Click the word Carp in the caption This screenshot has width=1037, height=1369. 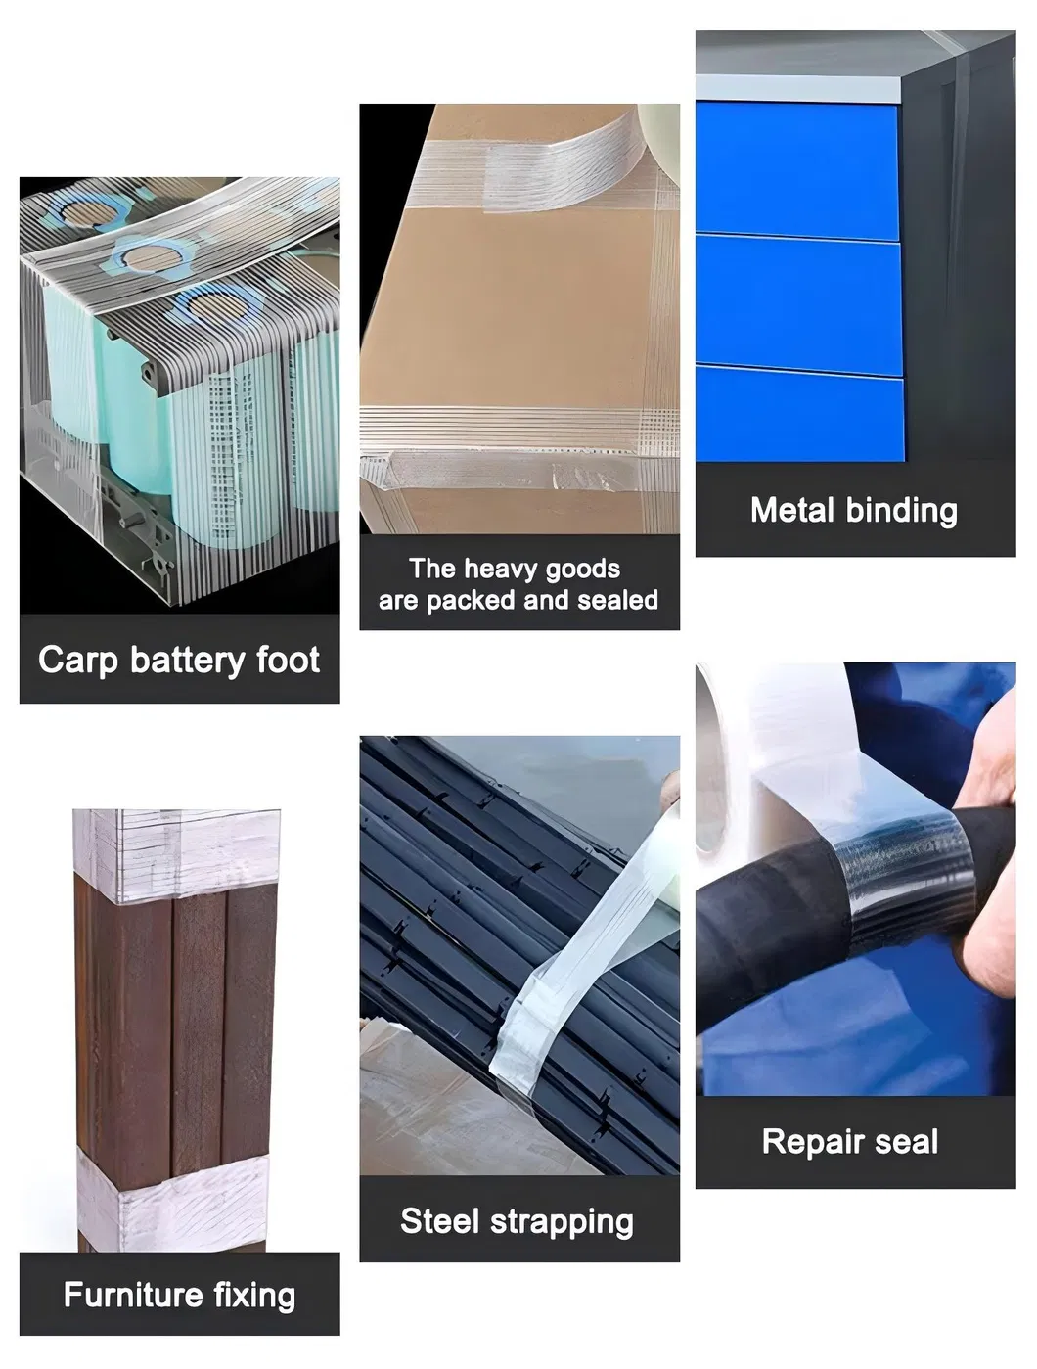tap(78, 661)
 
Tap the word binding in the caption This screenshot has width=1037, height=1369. tap(902, 512)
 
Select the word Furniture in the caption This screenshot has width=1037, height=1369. tap(133, 1295)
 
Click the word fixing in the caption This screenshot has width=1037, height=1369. tap(254, 1296)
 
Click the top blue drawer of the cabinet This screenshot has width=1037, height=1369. tap(797, 171)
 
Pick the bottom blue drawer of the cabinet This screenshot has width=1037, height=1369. tap(800, 414)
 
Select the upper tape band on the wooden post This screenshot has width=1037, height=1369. tap(176, 854)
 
